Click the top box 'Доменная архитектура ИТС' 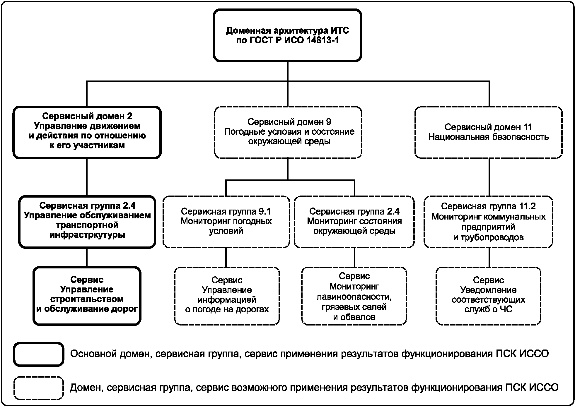[287, 35]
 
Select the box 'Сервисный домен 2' [87, 132]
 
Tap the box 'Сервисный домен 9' [288, 132]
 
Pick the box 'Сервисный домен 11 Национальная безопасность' [488, 132]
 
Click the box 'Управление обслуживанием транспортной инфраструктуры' [87, 222]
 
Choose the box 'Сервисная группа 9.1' [226, 222]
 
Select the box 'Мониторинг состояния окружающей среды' [354, 222]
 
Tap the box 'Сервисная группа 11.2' [488, 222]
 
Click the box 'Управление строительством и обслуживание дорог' [87, 296]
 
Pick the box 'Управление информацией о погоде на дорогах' [227, 296]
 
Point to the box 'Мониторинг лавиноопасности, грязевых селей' [354, 296]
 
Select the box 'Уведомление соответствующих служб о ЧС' [488, 296]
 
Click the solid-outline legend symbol [38, 354]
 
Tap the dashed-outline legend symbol [38, 388]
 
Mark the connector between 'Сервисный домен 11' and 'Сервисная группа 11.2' [489, 177]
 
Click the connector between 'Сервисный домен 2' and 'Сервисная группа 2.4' [87, 177]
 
